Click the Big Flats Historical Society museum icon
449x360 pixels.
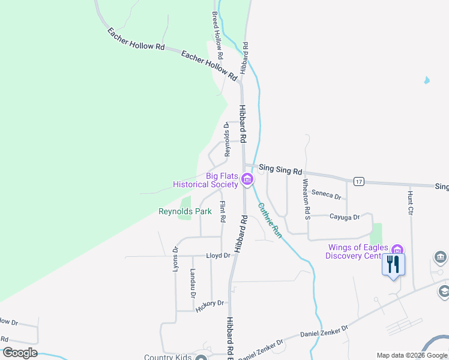click(x=247, y=179)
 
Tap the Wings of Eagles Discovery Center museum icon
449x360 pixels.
click(x=397, y=250)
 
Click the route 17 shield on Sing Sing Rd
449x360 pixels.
click(x=358, y=181)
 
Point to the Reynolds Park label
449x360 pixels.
click(x=185, y=211)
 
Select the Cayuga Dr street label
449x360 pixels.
click(x=344, y=217)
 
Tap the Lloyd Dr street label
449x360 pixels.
click(x=218, y=256)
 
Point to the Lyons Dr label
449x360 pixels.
click(x=176, y=259)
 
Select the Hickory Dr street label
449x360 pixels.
click(x=209, y=305)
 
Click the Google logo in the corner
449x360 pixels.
click(x=20, y=353)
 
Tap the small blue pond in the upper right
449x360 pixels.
click(x=426, y=80)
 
